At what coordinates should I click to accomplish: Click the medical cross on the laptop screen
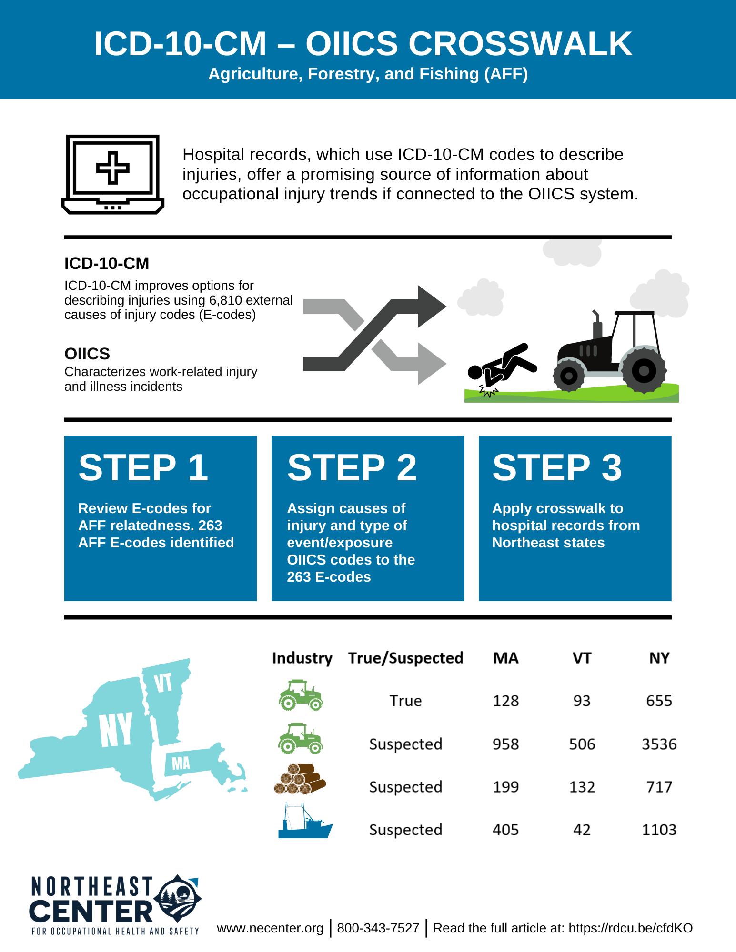[x=112, y=168]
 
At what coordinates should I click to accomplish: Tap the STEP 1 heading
[x=143, y=467]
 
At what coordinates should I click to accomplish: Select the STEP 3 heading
[x=557, y=467]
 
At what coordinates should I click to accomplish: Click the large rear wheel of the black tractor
[x=644, y=370]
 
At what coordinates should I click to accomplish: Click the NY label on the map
[x=116, y=729]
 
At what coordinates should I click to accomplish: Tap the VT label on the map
[x=163, y=683]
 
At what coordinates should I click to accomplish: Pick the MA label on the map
[x=181, y=763]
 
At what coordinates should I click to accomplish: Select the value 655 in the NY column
[x=659, y=701]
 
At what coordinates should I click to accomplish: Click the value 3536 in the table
[x=659, y=744]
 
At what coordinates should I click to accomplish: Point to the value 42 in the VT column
[x=582, y=830]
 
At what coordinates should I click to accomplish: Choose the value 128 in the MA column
[x=505, y=701]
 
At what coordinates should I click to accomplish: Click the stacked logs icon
[x=300, y=780]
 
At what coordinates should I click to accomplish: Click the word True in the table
[x=405, y=701]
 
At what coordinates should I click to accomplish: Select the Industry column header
[x=302, y=658]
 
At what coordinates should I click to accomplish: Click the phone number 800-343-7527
[x=378, y=928]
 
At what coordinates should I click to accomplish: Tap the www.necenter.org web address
[x=270, y=928]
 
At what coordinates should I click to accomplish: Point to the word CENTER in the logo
[x=91, y=911]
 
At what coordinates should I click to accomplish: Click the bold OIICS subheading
[x=87, y=354]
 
